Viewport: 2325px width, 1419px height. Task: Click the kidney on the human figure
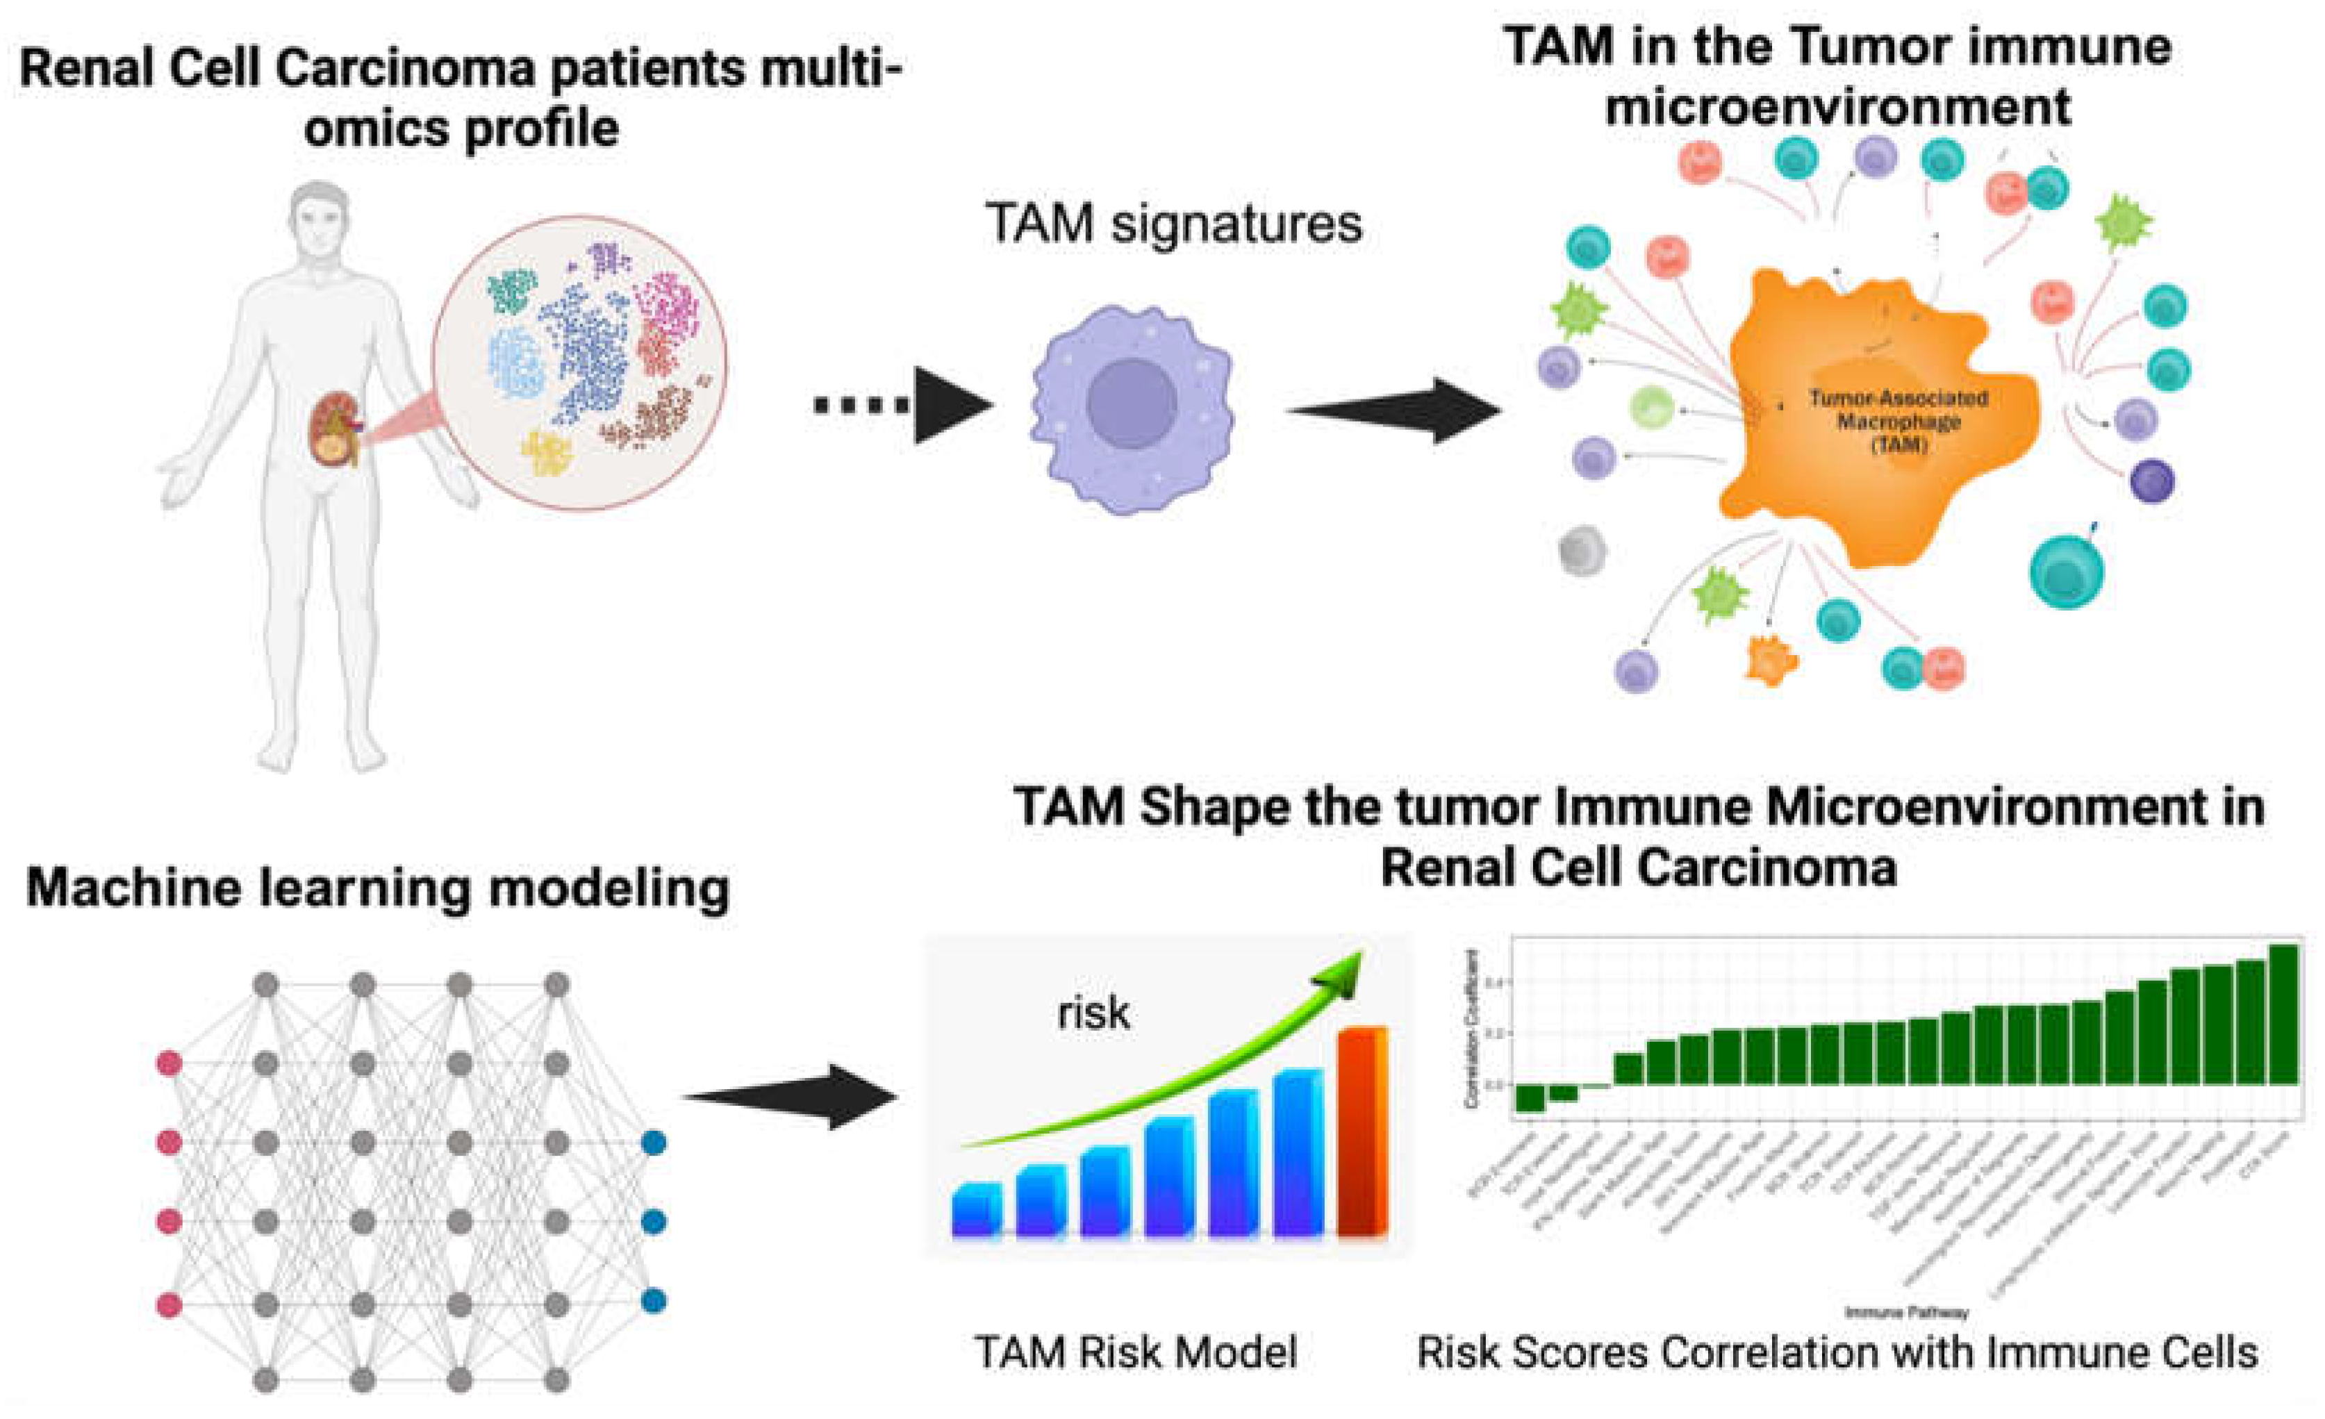(x=335, y=429)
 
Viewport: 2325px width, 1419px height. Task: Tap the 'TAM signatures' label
(x=1174, y=224)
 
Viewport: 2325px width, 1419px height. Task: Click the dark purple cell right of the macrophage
(x=2152, y=481)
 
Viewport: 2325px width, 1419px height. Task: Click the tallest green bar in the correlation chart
(x=2283, y=1014)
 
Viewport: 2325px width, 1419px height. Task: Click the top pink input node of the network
(x=169, y=1063)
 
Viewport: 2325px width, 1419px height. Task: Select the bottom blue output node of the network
(x=653, y=1301)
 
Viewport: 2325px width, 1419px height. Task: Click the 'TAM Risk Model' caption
(x=1136, y=1352)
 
